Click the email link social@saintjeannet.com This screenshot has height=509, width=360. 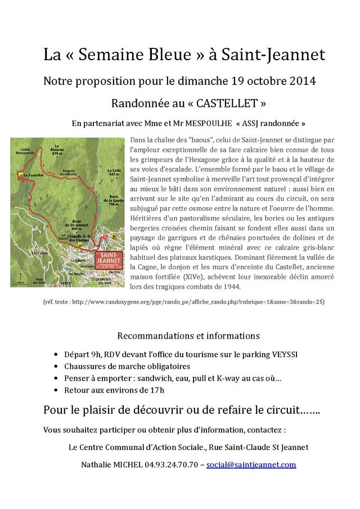click(251, 465)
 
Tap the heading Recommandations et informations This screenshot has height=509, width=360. click(188, 336)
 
